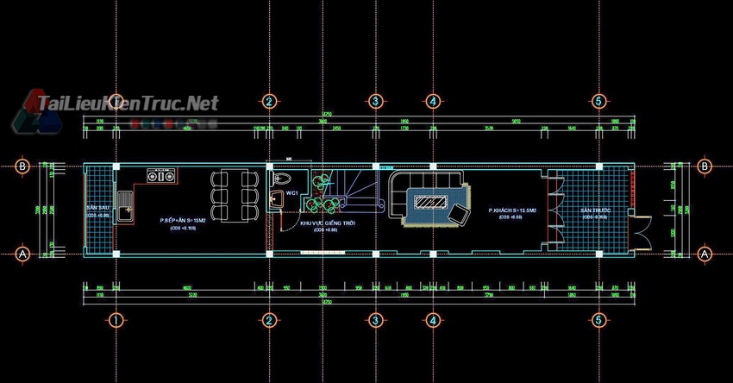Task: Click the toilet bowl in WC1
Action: click(282, 179)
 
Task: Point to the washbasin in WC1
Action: click(275, 199)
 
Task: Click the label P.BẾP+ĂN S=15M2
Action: click(182, 220)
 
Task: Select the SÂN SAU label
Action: click(97, 210)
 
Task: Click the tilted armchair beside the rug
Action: click(460, 216)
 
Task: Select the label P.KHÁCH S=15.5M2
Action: click(511, 210)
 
